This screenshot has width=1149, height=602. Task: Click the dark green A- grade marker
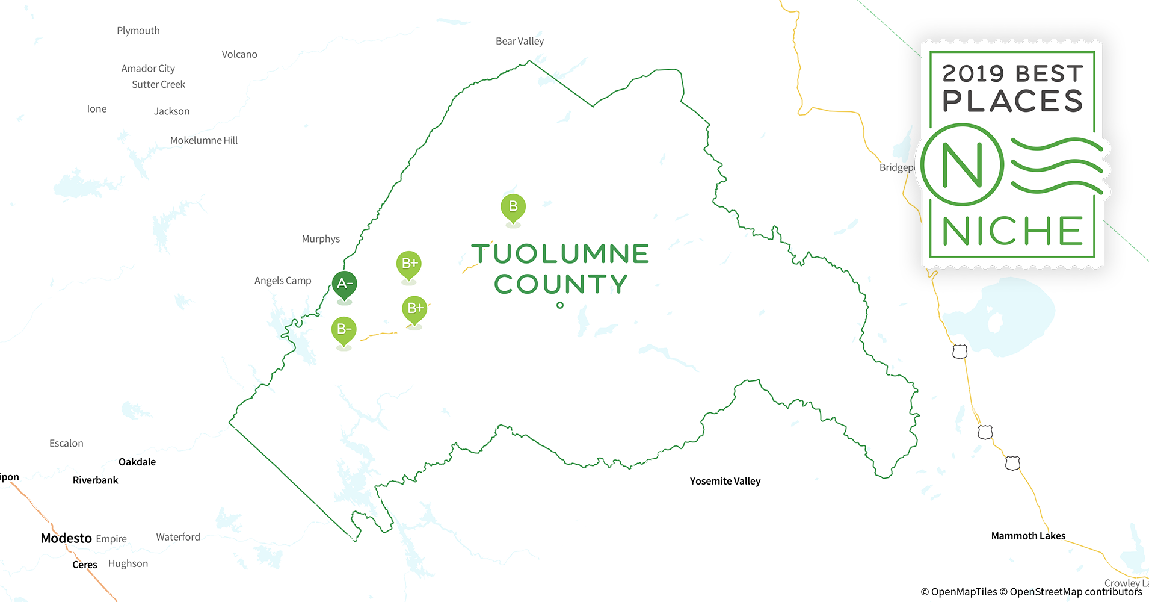(x=345, y=284)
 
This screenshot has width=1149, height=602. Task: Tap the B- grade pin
(x=343, y=329)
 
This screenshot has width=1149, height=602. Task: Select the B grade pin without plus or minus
(x=513, y=206)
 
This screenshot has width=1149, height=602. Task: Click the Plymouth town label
(x=138, y=31)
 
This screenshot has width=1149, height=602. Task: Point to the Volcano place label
(x=239, y=54)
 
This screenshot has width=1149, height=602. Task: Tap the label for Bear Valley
(x=520, y=41)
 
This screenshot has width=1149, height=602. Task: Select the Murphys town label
(x=321, y=239)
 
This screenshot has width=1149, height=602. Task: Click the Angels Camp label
(x=283, y=281)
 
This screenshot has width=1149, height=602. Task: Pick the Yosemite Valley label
(x=725, y=481)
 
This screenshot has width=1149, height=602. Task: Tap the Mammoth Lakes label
(x=1028, y=536)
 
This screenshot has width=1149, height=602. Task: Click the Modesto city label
(x=66, y=538)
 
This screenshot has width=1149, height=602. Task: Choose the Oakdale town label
(x=137, y=462)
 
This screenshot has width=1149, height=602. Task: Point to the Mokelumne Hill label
(x=204, y=140)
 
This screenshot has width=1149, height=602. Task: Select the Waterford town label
(x=178, y=537)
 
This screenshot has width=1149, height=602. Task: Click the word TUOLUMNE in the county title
(x=560, y=254)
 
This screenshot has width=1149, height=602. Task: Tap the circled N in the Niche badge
(x=962, y=165)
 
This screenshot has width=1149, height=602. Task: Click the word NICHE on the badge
(x=1012, y=231)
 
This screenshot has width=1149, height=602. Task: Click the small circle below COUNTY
(x=560, y=305)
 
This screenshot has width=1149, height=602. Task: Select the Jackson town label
(x=171, y=111)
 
